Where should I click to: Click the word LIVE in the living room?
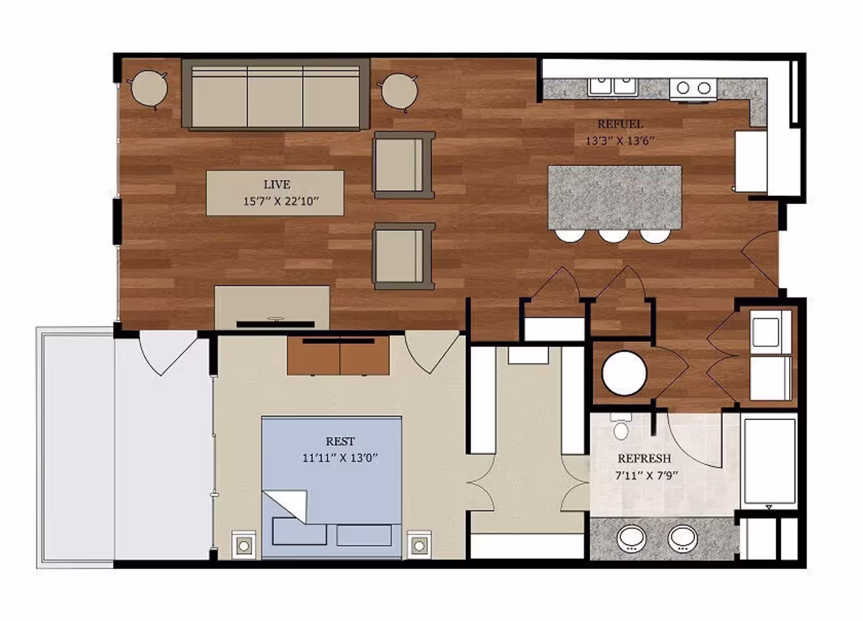(x=276, y=185)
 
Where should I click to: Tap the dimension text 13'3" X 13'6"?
(x=620, y=140)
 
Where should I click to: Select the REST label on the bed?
(x=340, y=441)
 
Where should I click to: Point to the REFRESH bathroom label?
(x=644, y=458)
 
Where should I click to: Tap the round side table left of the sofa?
(x=149, y=89)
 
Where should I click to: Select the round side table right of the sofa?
(x=399, y=90)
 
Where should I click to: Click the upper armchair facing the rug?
(x=403, y=165)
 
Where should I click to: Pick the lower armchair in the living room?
(x=403, y=256)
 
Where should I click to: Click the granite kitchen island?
(x=614, y=197)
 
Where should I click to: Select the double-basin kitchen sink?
(x=612, y=87)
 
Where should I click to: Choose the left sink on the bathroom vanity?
(x=631, y=539)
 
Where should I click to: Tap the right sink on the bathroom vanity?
(x=683, y=539)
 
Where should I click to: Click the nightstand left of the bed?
(x=244, y=545)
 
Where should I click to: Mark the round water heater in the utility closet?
(x=624, y=373)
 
